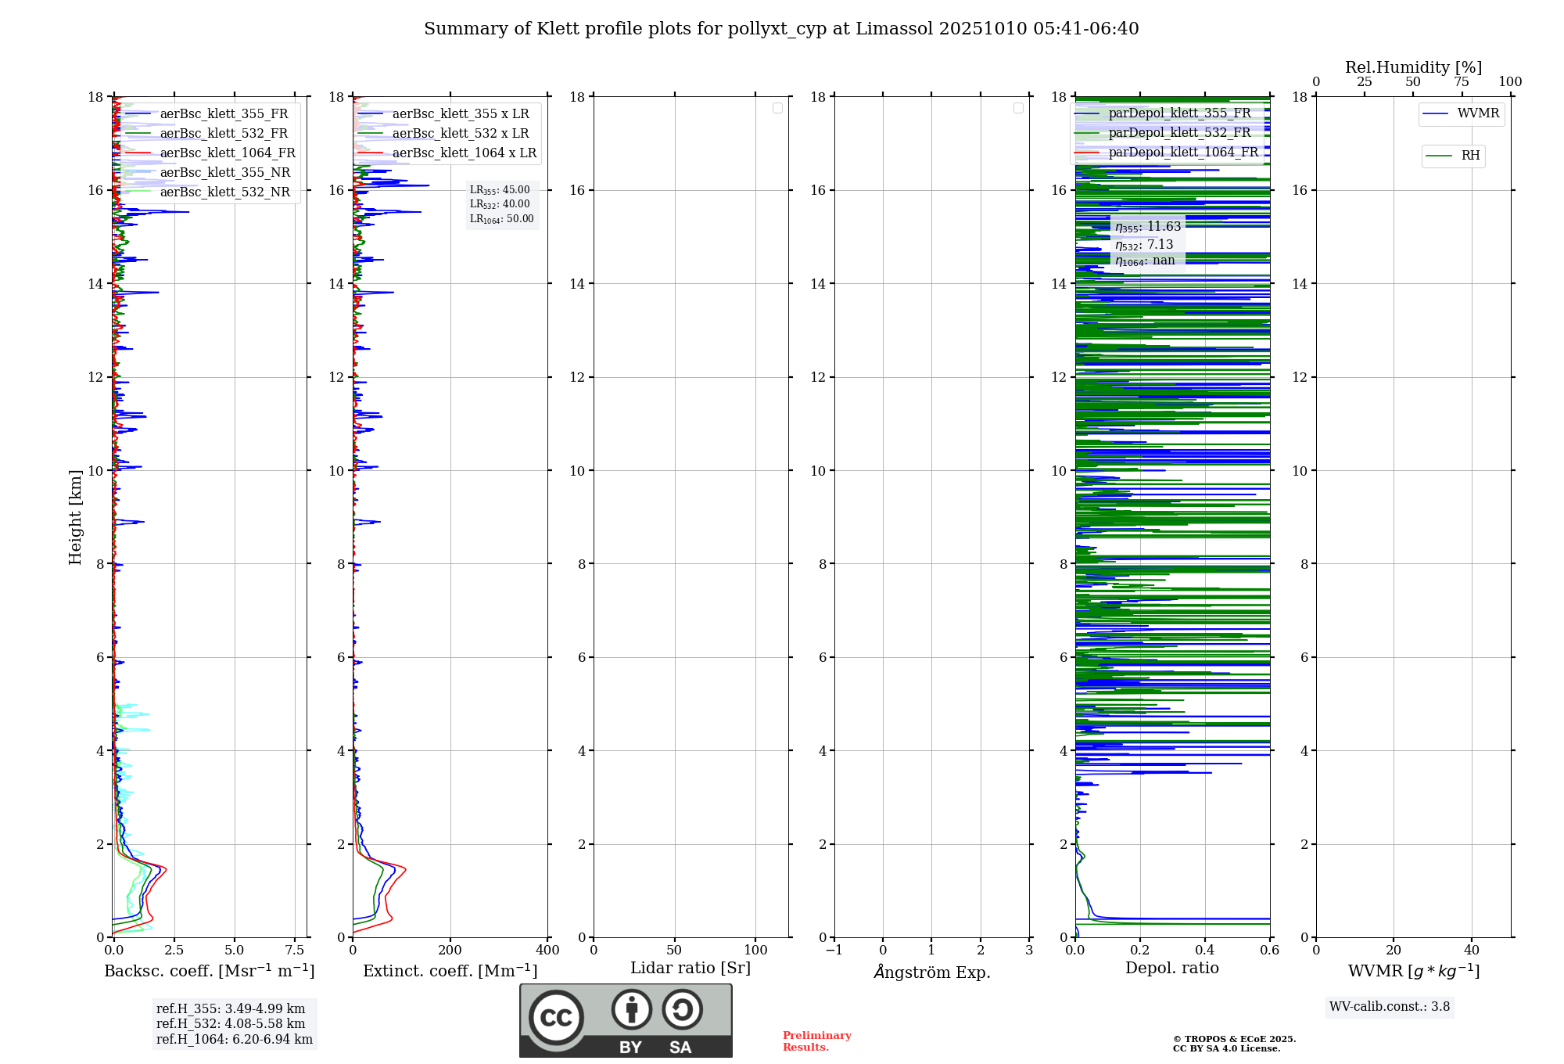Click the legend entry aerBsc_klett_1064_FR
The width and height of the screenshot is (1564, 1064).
(x=227, y=153)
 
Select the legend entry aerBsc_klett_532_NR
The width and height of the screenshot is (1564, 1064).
(x=224, y=192)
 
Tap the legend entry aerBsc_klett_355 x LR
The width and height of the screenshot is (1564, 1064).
(x=460, y=114)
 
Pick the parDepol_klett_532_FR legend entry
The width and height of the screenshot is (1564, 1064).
(x=1179, y=133)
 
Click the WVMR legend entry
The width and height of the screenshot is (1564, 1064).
(x=1478, y=113)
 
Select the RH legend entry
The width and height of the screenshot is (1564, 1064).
(x=1470, y=156)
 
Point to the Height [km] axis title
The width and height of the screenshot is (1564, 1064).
(x=75, y=516)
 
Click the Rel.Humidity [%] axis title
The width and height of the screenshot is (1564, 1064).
(x=1413, y=67)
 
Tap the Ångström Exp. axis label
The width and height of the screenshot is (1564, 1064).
(x=931, y=972)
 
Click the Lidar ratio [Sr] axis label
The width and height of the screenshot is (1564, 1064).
(x=691, y=969)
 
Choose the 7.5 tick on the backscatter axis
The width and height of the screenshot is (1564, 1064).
(x=295, y=951)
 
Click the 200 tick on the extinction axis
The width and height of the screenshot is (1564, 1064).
(x=450, y=951)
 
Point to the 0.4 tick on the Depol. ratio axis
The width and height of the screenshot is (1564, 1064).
(x=1205, y=951)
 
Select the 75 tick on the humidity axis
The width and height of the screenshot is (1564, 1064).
(x=1462, y=82)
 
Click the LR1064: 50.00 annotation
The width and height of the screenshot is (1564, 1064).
(x=501, y=219)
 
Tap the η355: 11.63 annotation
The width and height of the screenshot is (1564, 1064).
(x=1147, y=227)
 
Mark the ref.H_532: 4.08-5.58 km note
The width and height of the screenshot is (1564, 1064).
(x=231, y=1024)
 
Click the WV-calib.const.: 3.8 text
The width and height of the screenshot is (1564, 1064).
(x=1390, y=1007)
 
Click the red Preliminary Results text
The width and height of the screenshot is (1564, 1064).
(x=816, y=1041)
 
